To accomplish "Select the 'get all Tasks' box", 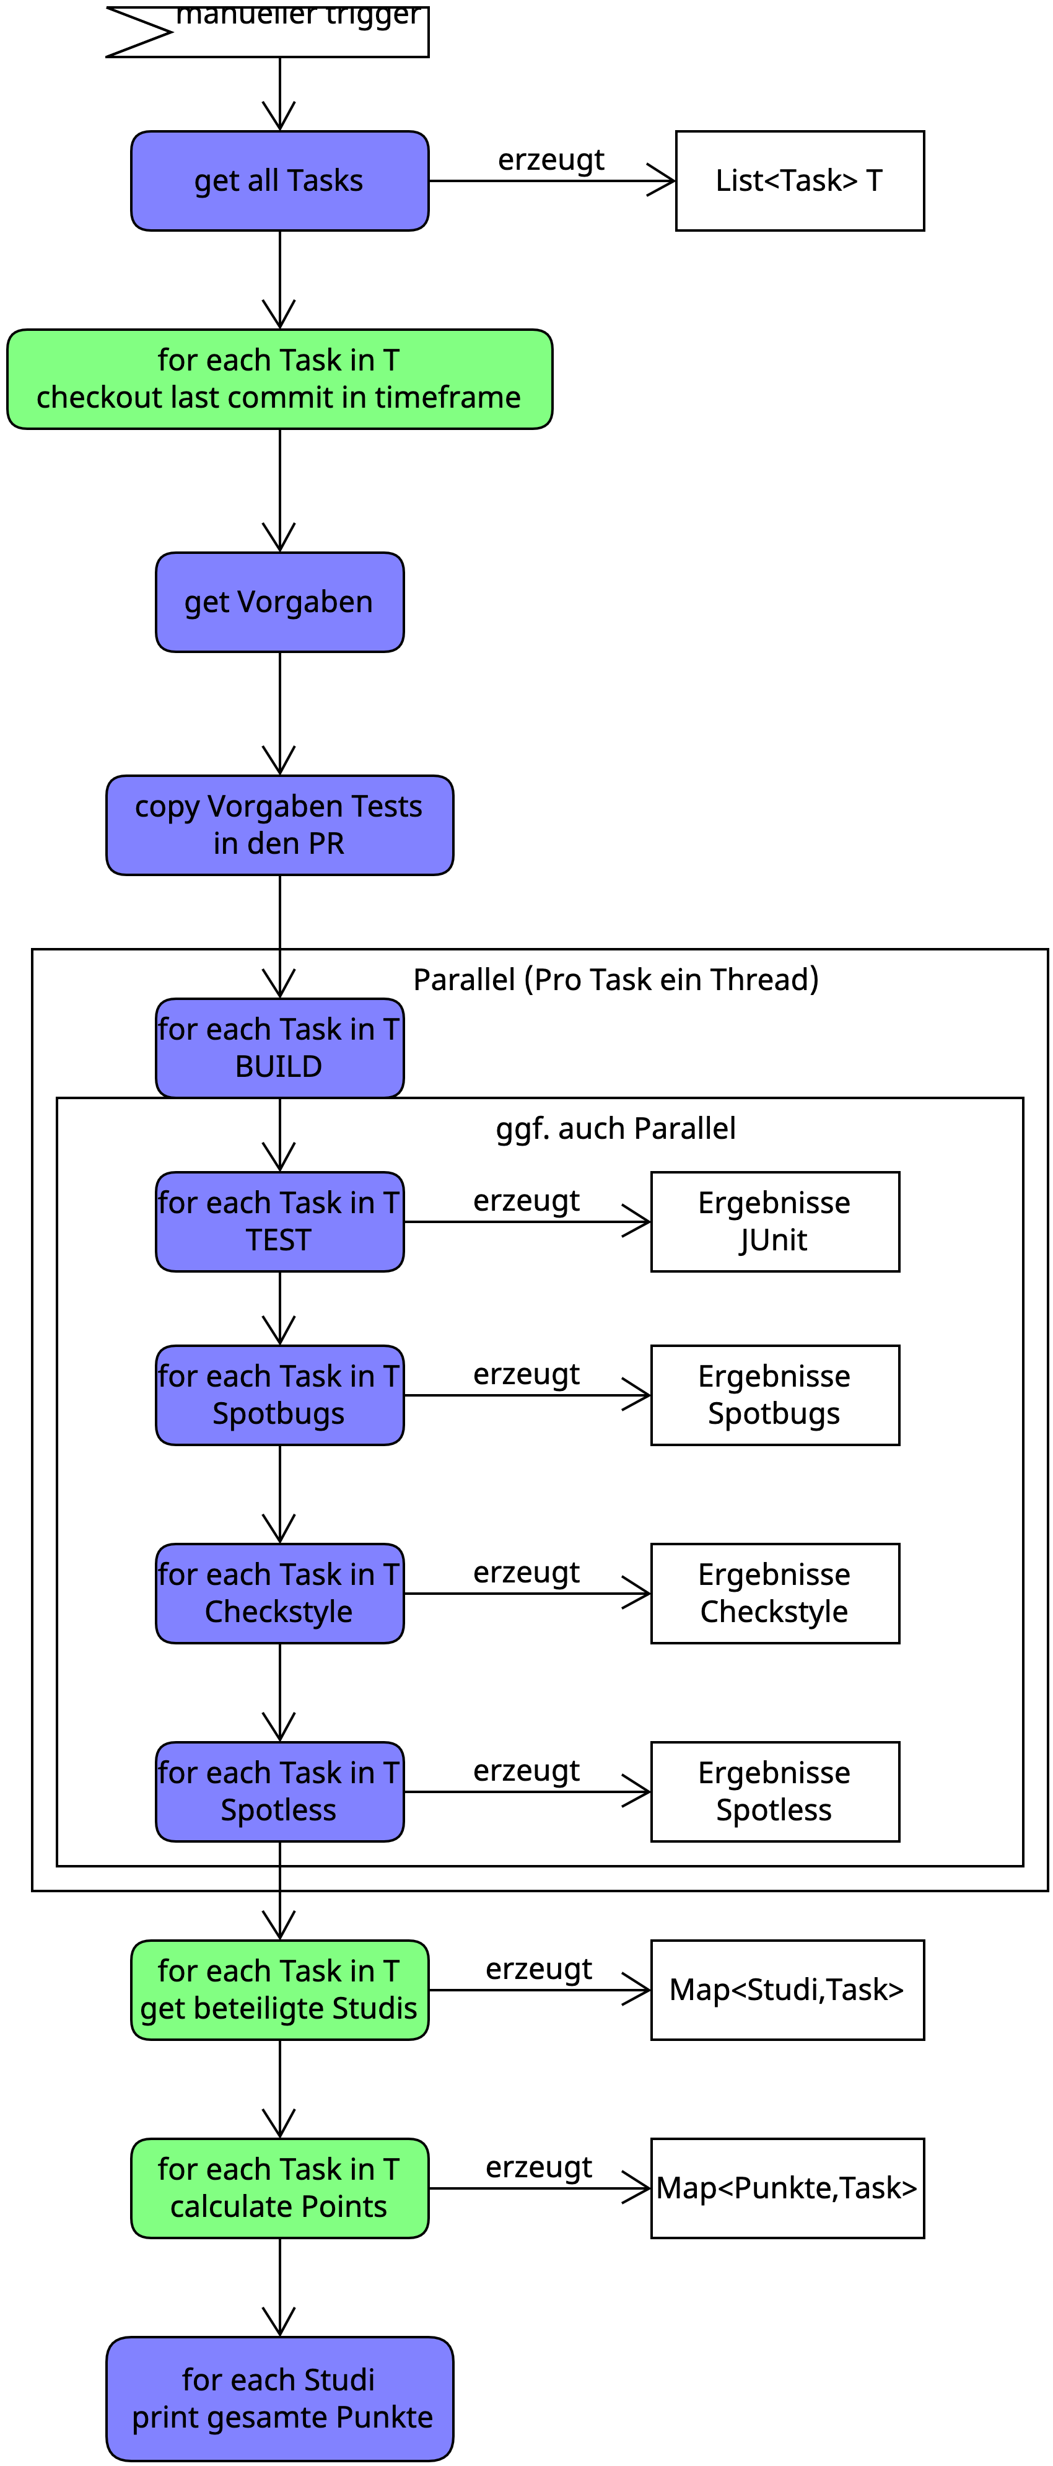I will [x=279, y=181].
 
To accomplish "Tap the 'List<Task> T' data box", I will [x=799, y=181].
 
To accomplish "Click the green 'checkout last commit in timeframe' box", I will [x=279, y=379].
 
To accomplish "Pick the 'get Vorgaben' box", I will [x=279, y=602].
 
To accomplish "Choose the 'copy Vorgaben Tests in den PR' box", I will [x=279, y=825].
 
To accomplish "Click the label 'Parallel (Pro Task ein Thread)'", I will [x=616, y=980].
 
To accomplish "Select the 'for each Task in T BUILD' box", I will [x=279, y=1048].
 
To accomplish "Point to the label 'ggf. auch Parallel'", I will [x=616, y=1129].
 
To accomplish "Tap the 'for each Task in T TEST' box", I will [x=279, y=1221].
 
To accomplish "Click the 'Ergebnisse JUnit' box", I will [x=774, y=1221].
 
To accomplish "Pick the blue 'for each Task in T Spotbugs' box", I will [x=279, y=1395].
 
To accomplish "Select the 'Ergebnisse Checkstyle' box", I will [x=774, y=1593].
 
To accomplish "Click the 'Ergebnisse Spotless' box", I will [x=774, y=1791].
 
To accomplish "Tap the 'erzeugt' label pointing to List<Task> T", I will [x=551, y=160].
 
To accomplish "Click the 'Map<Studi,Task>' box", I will [x=787, y=1990].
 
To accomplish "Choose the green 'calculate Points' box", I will [x=279, y=2187].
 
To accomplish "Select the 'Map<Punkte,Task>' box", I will [x=787, y=2187].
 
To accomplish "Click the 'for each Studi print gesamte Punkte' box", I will [x=279, y=2398].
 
